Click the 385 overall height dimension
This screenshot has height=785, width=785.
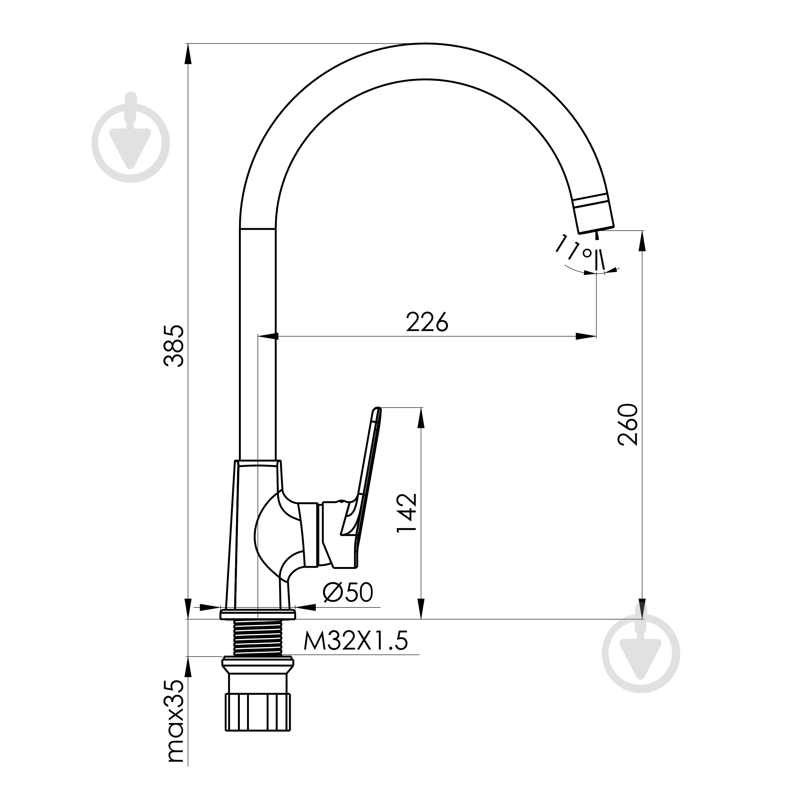174,346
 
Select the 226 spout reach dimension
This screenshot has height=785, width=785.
427,322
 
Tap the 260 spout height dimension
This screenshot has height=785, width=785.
628,425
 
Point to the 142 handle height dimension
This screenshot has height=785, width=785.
407,513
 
